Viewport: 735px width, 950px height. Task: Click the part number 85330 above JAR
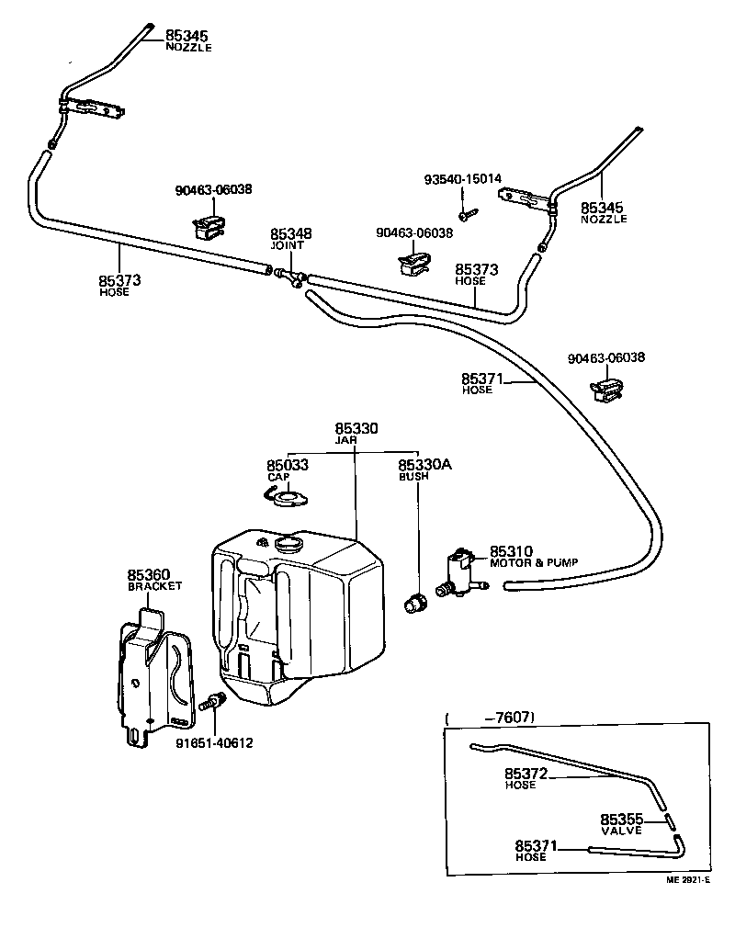(x=356, y=429)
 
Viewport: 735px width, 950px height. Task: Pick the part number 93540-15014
(x=463, y=178)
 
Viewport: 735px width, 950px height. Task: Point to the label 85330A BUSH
(x=424, y=470)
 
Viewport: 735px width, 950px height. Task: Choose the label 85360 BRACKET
(x=154, y=579)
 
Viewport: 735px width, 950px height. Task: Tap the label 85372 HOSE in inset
(x=526, y=779)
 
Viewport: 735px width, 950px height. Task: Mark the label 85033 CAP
(x=287, y=470)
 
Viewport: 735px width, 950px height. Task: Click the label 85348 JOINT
(x=290, y=239)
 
